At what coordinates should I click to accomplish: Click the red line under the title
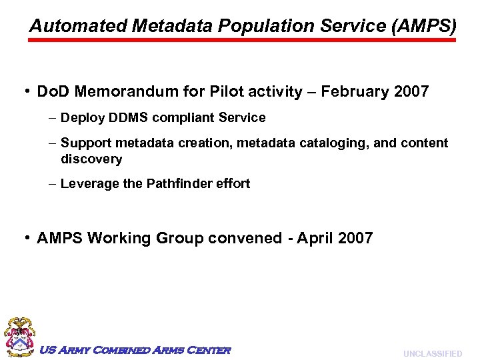click(x=243, y=40)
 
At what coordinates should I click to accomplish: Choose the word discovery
click(x=91, y=159)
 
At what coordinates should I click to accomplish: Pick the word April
click(x=316, y=239)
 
